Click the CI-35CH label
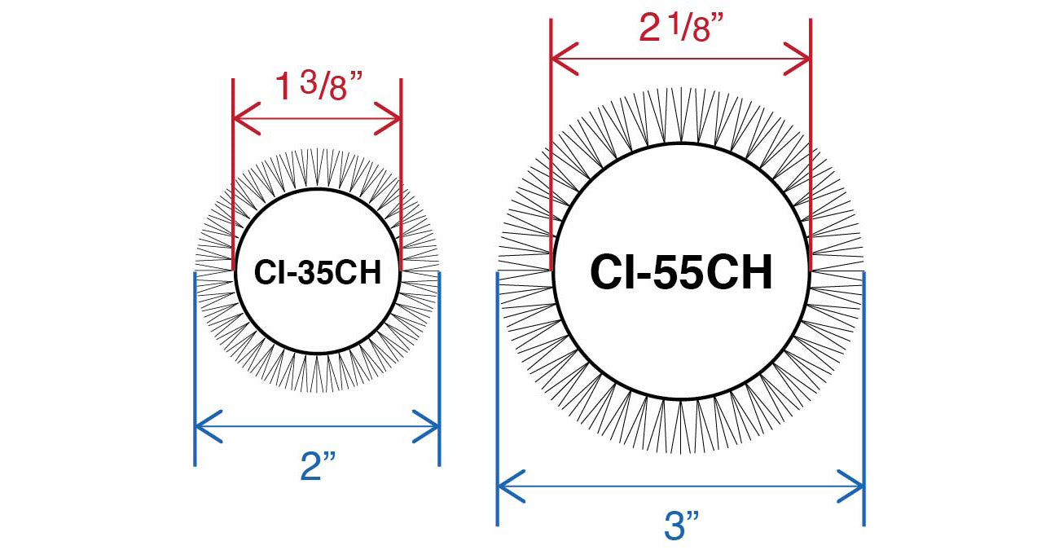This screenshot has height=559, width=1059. [x=318, y=272]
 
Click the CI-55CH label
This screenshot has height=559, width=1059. [x=681, y=272]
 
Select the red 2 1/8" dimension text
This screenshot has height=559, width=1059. [x=681, y=27]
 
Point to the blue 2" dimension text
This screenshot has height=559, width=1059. [x=318, y=466]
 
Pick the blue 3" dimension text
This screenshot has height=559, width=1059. [x=681, y=525]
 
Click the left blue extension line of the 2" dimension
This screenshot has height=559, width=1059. [x=195, y=369]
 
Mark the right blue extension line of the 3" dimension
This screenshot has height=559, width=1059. [x=864, y=398]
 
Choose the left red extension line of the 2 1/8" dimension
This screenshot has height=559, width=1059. [x=551, y=145]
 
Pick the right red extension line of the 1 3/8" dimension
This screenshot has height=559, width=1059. [x=402, y=174]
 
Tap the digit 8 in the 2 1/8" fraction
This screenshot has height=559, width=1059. [x=701, y=31]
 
